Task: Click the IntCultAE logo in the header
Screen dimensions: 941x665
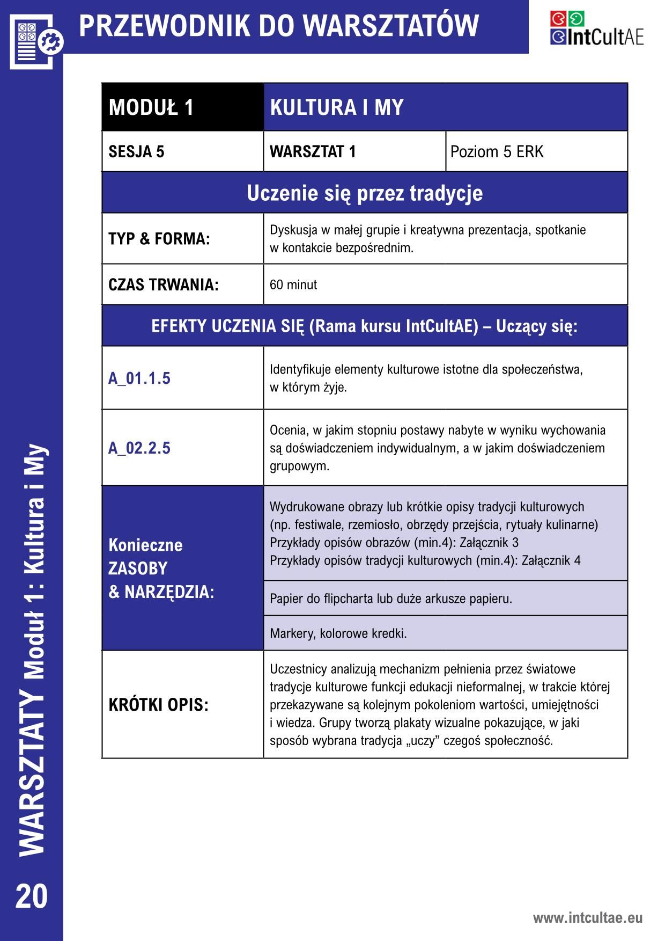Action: (x=596, y=28)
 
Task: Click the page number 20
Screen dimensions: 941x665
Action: (x=32, y=896)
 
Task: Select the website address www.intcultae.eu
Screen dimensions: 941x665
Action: (x=587, y=917)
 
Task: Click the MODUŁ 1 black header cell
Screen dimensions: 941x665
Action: (x=182, y=107)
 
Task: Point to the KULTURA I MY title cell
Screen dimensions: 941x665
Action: (x=445, y=107)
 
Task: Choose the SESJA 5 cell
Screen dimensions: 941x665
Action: (x=182, y=152)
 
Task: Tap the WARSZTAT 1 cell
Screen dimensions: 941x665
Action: (x=354, y=152)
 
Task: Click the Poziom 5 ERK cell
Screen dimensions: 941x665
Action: (x=536, y=152)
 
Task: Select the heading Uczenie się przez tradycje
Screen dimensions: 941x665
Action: (x=365, y=193)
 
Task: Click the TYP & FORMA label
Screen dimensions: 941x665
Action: (x=159, y=239)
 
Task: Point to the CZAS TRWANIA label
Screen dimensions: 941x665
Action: (x=164, y=285)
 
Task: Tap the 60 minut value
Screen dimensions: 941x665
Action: (x=293, y=285)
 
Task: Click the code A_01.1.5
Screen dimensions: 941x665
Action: (x=139, y=378)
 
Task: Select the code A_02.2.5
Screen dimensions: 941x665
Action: (x=139, y=448)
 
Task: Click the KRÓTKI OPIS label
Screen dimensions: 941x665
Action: (x=158, y=705)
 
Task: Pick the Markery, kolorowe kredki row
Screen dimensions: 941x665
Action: (x=445, y=633)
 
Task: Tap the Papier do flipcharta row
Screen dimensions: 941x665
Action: (x=445, y=598)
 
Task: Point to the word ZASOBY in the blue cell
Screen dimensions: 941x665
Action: (x=138, y=568)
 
